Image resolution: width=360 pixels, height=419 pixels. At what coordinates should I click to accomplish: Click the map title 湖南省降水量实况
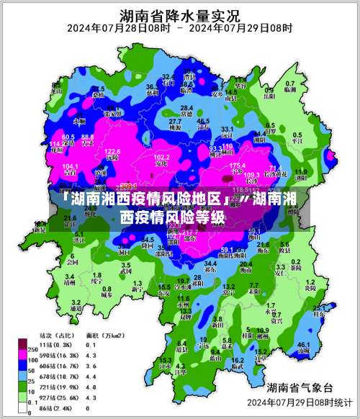pos(180,14)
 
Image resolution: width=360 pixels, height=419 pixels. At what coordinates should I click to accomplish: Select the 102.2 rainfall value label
pos(163,156)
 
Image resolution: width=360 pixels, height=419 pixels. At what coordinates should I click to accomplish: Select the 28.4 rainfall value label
pos(186,107)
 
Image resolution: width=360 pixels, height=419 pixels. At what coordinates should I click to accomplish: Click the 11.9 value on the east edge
pos(300,171)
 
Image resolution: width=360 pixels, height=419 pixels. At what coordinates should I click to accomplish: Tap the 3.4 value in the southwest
pos(70,276)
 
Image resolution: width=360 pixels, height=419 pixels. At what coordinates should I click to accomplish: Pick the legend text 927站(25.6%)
pos(59,397)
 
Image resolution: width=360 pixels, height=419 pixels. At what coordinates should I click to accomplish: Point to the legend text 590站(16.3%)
pos(59,356)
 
